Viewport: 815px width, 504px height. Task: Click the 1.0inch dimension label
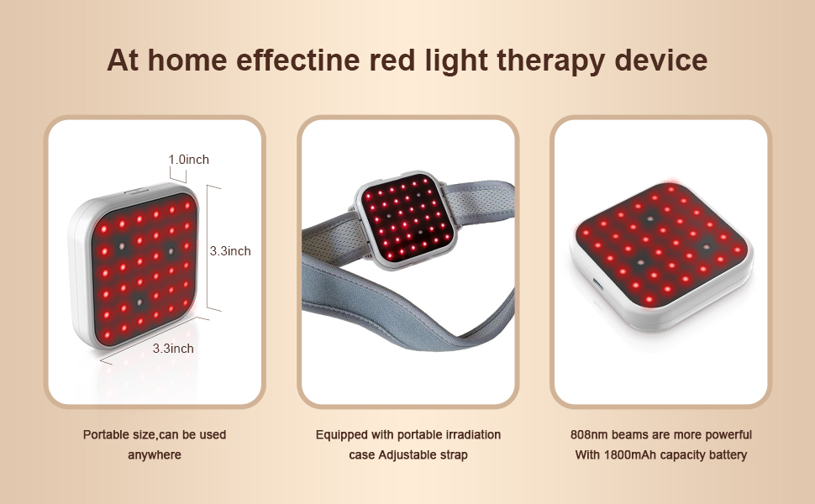(x=188, y=159)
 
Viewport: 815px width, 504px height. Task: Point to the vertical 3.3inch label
(x=229, y=250)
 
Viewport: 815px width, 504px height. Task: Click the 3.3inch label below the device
(x=173, y=348)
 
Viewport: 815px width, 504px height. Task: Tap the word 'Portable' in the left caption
(x=104, y=435)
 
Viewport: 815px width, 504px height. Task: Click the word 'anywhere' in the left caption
(x=154, y=455)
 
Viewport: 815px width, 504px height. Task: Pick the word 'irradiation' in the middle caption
(x=471, y=435)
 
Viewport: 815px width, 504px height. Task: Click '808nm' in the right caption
(x=586, y=435)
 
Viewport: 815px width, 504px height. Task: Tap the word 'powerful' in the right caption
(x=727, y=435)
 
